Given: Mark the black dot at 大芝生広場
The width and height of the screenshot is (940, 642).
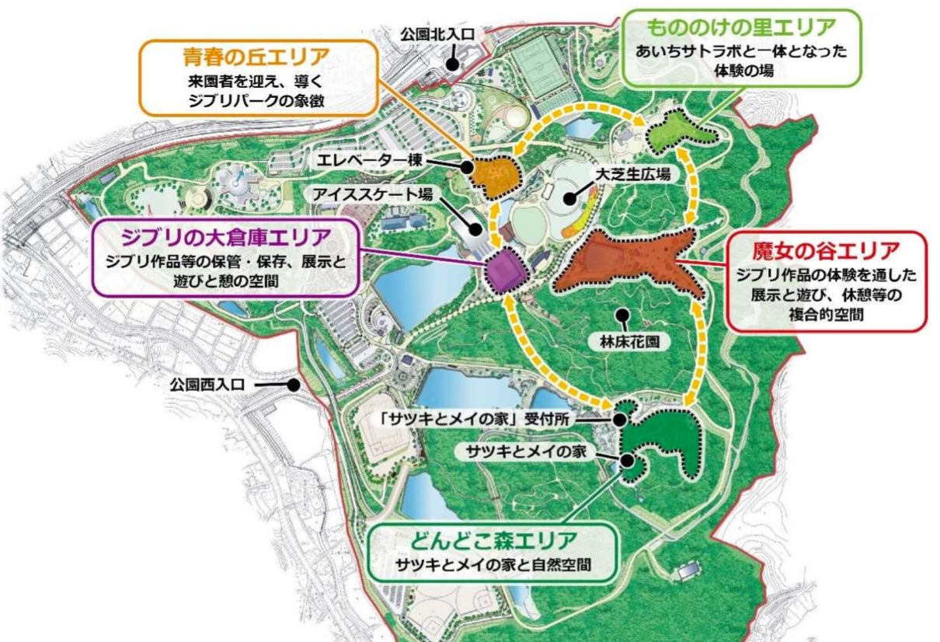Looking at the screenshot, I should tap(571, 198).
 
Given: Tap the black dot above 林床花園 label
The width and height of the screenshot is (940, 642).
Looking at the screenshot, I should tap(621, 314).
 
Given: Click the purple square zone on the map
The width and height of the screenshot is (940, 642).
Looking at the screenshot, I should tap(507, 268).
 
